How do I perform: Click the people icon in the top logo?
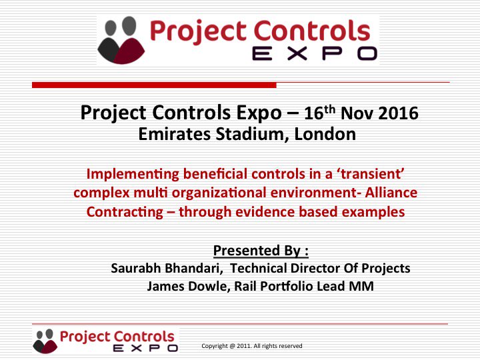tap(123, 40)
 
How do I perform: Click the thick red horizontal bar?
tap(154, 85)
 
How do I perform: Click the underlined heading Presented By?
tap(261, 251)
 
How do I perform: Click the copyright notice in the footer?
tap(252, 346)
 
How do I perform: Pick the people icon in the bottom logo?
tap(45, 341)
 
